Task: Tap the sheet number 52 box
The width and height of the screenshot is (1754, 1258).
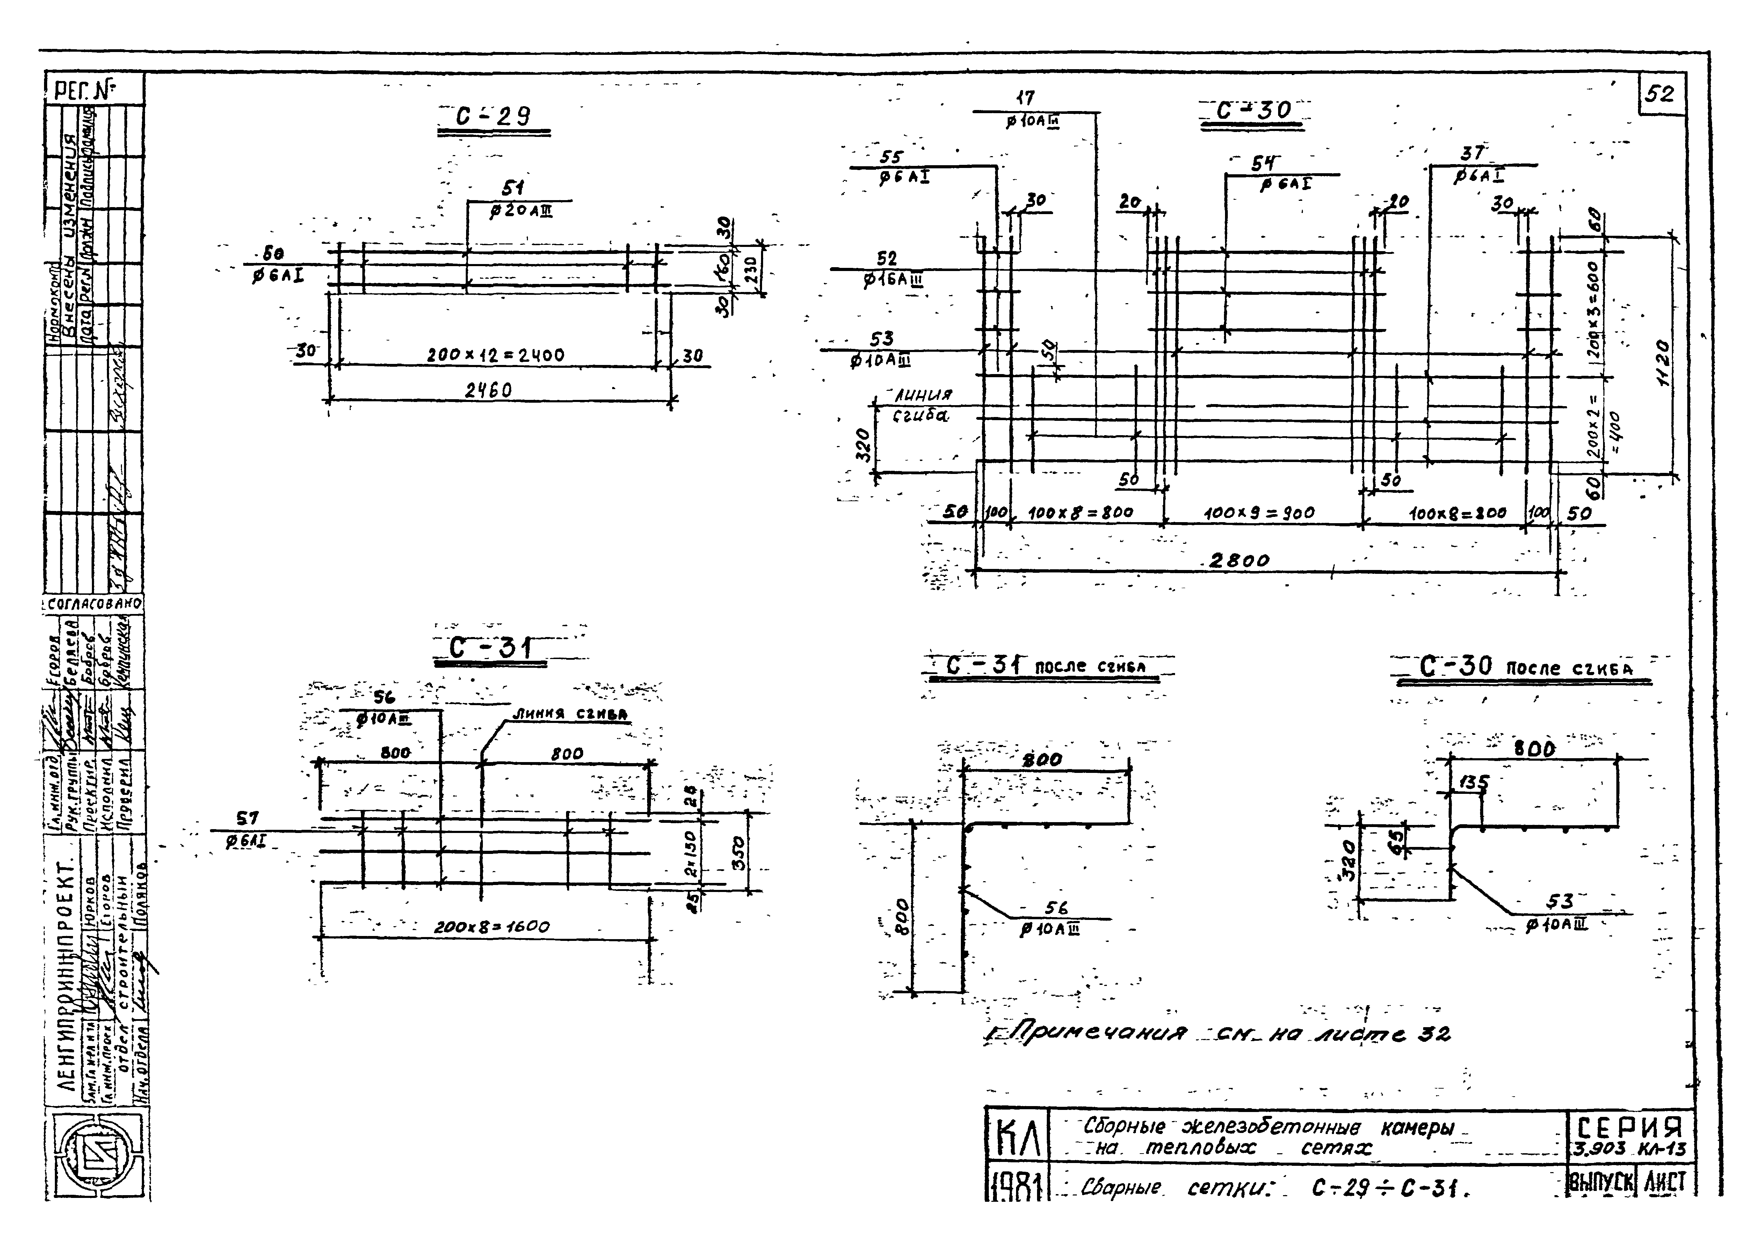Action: (1660, 94)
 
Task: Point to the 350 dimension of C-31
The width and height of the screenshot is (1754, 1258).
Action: (739, 853)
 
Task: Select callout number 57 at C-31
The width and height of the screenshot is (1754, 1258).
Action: (248, 818)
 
